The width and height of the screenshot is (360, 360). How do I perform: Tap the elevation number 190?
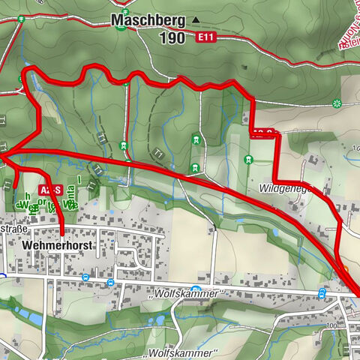tap(173, 37)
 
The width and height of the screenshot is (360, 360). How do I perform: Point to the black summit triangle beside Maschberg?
tap(196, 20)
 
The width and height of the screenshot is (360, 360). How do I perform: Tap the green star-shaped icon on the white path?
tap(337, 103)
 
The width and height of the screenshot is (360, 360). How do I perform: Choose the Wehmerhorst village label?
tap(52, 245)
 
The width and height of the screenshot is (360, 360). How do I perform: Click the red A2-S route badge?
tap(49, 190)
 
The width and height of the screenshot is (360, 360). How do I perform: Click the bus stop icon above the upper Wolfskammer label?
tap(195, 289)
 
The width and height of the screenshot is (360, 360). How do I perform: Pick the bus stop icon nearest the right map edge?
tap(322, 292)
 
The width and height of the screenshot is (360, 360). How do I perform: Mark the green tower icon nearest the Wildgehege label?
tap(248, 159)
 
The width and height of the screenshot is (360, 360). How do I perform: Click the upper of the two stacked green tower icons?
tap(195, 138)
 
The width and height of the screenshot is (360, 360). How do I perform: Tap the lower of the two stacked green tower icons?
tap(195, 169)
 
